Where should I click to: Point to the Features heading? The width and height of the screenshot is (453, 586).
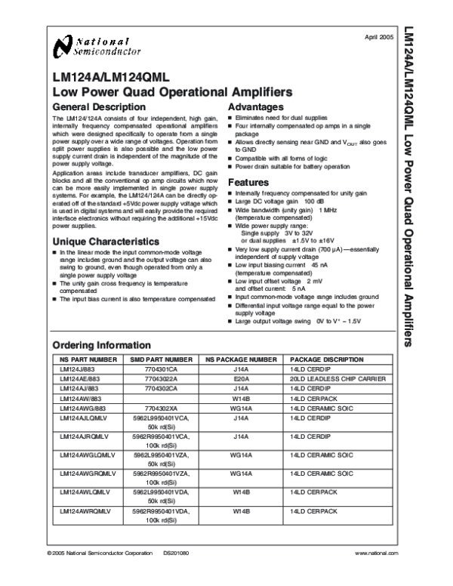(x=248, y=183)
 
